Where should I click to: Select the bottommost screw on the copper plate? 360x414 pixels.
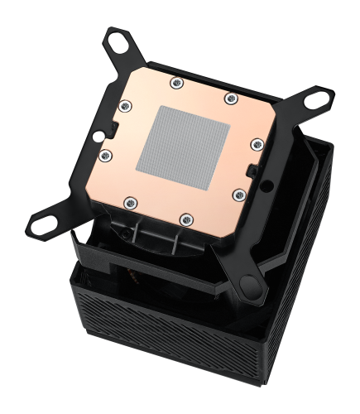[x=185, y=219]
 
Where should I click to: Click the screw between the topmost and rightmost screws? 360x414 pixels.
[x=229, y=99]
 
